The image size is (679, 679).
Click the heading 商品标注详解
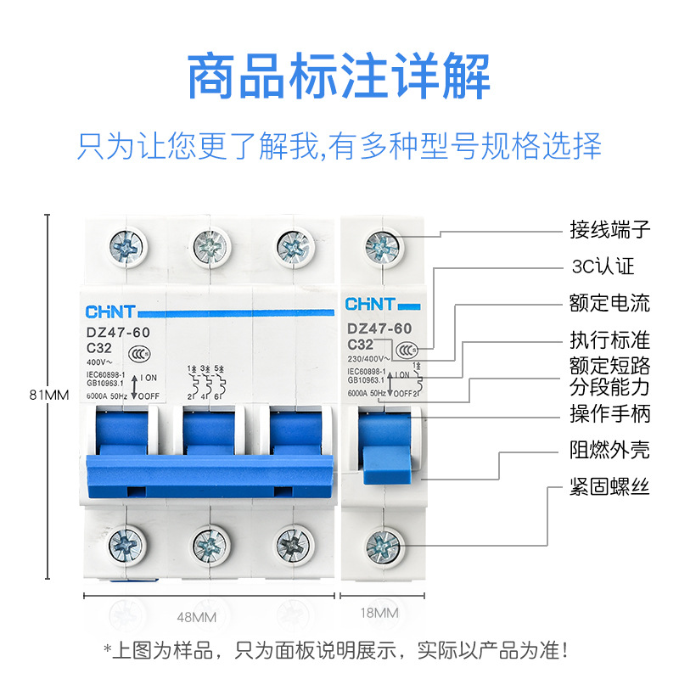[339, 76]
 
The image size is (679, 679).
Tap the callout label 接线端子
[609, 229]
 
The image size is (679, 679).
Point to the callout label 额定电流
[609, 303]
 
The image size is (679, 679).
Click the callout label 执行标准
[609, 341]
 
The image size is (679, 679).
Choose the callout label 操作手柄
[609, 414]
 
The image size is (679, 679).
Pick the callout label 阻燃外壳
[609, 450]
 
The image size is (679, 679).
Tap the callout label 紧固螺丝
[609, 488]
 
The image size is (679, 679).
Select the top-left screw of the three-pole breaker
[128, 247]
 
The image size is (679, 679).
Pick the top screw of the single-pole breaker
[383, 247]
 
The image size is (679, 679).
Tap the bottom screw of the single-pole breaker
[383, 542]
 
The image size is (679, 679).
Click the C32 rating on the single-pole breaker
[360, 345]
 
